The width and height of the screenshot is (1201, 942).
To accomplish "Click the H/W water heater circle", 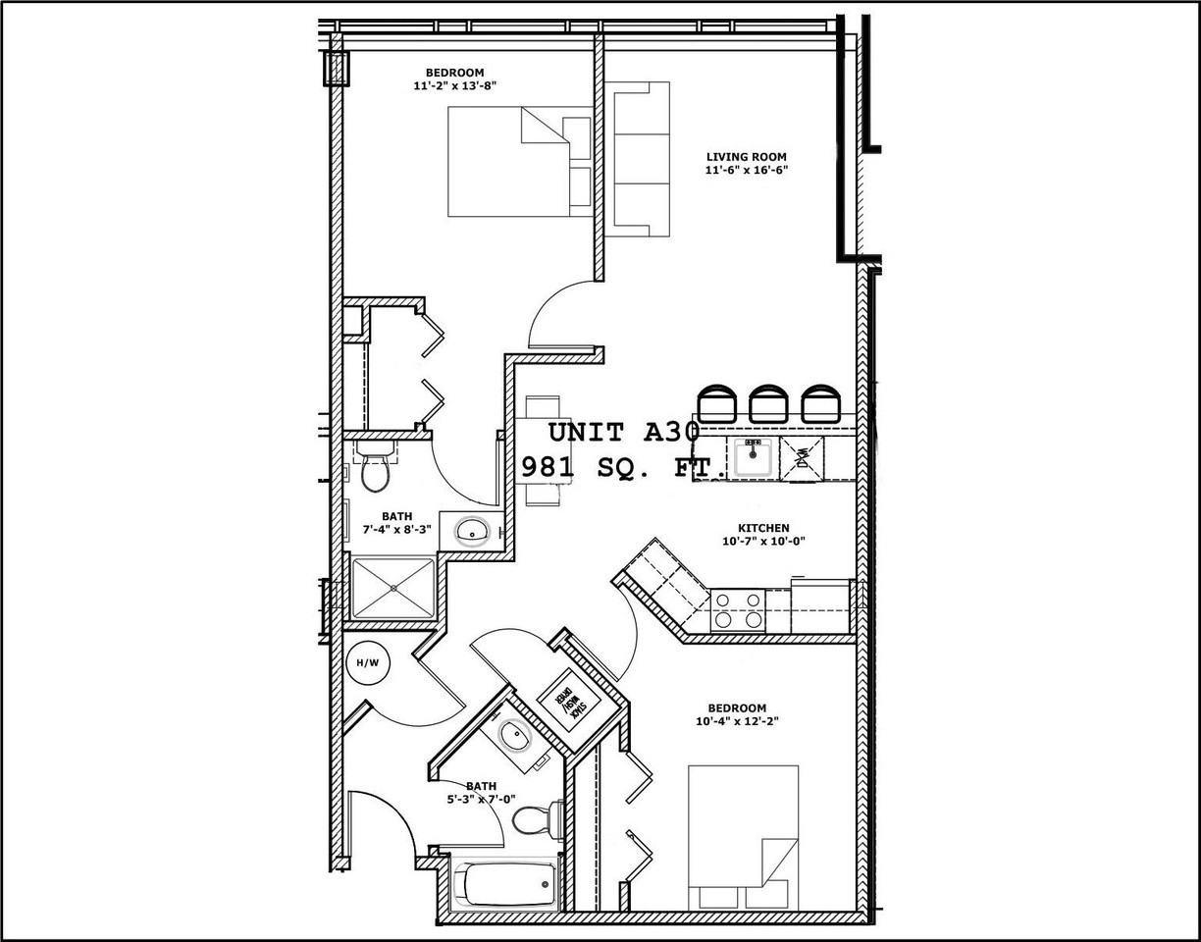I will click(367, 663).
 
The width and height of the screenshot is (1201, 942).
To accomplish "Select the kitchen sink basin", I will click(754, 457).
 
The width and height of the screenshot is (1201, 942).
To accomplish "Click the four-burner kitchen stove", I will click(737, 609).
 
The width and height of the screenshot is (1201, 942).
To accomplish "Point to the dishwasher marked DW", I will click(802, 457).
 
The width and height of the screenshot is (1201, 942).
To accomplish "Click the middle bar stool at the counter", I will click(768, 403).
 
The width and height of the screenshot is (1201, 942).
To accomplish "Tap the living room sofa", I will click(640, 159).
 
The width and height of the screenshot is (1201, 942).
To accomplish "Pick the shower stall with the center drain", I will click(392, 589).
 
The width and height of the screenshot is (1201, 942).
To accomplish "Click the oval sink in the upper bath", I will click(474, 531).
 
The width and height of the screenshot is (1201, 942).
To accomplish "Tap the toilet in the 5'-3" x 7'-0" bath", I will click(536, 819).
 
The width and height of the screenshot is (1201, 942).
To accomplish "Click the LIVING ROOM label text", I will click(746, 157).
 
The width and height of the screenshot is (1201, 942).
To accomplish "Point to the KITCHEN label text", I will click(763, 528).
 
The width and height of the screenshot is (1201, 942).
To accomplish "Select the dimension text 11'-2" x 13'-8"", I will click(454, 85).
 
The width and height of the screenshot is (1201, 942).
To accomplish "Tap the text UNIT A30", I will click(623, 432).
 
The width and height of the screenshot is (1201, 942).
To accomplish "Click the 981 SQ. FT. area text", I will click(624, 466).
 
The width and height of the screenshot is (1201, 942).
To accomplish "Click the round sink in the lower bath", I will click(512, 734).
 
